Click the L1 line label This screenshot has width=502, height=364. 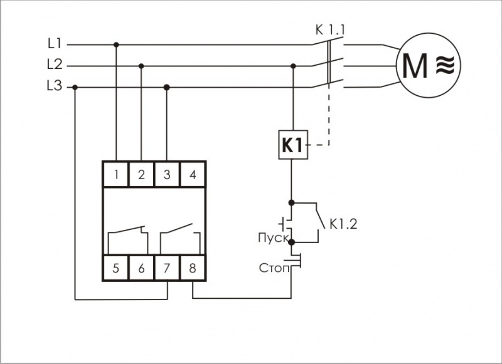click(55, 44)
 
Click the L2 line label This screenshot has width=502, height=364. click(55, 65)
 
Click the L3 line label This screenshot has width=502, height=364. click(55, 87)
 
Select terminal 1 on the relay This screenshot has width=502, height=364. click(116, 175)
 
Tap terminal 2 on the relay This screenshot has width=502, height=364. click(141, 175)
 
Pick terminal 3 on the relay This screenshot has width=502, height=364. click(167, 175)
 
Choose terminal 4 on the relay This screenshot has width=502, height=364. click(193, 175)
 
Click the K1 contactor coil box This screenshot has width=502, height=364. click(292, 146)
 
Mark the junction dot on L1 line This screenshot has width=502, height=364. click(116, 44)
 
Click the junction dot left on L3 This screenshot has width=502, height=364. click(75, 87)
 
